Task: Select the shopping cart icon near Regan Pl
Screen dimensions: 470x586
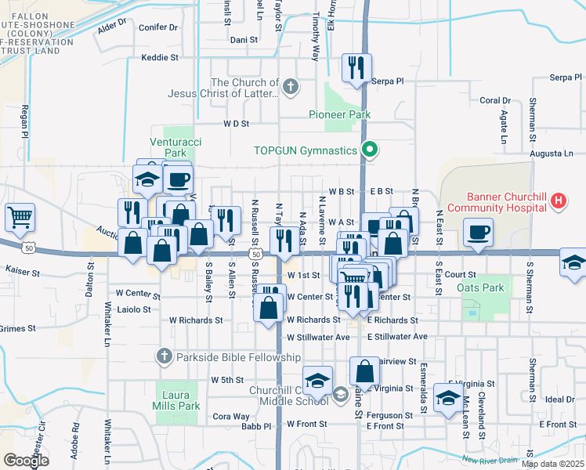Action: (x=20, y=217)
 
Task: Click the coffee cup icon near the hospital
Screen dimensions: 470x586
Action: (x=478, y=231)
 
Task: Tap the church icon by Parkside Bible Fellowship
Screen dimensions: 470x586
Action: (x=164, y=357)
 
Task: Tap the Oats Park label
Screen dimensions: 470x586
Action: (x=480, y=287)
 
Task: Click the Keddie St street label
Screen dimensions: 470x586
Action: (x=160, y=57)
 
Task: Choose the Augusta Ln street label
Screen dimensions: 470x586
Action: (x=552, y=154)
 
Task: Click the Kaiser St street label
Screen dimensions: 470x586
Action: (x=22, y=269)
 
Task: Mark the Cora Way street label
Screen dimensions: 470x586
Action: (x=231, y=416)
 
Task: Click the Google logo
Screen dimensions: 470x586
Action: (x=26, y=461)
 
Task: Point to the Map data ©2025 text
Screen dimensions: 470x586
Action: (x=552, y=464)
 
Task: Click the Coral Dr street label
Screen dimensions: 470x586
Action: (x=494, y=100)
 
